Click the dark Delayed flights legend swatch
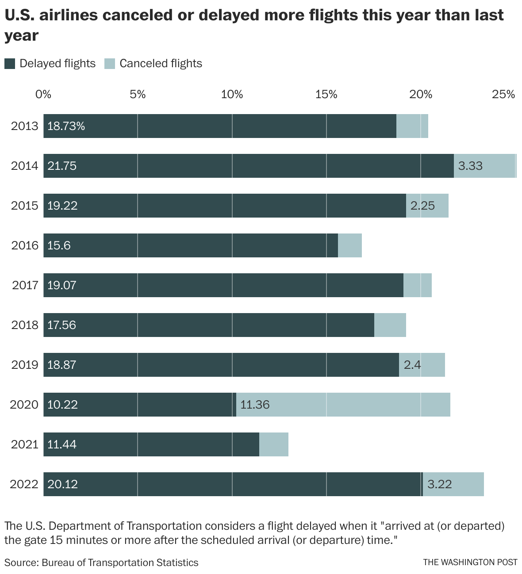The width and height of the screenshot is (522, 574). coord(10,64)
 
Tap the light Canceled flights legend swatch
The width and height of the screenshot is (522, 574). coord(109,64)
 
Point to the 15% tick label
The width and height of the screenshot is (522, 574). coord(326,94)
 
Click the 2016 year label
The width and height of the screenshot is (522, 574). coord(25,245)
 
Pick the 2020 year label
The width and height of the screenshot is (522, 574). coord(25,405)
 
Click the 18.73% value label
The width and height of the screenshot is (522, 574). coord(66,126)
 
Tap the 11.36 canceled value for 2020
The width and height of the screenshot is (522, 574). coord(255,405)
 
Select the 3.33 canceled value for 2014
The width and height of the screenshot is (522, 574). coord(470,166)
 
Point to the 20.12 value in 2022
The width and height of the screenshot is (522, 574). coord(62,484)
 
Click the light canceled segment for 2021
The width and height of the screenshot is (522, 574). coord(274,444)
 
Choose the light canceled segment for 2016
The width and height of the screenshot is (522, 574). coord(350,245)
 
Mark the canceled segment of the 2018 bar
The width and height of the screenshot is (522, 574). coord(390,325)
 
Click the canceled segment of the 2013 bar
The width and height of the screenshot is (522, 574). coord(412,126)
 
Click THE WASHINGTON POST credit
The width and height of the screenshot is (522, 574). coord(470,563)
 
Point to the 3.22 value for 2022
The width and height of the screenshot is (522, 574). coord(440,484)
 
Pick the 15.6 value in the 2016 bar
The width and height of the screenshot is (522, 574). coord(59,245)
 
